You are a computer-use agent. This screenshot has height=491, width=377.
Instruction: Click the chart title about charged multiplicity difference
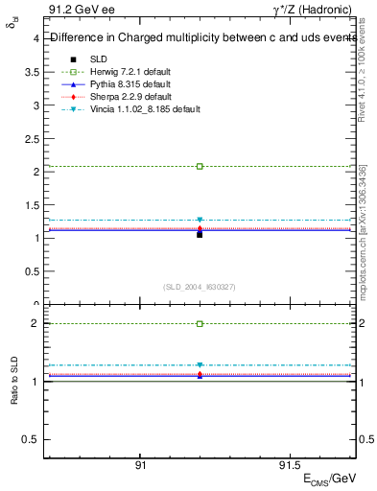201,38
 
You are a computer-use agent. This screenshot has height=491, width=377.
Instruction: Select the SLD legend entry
98,59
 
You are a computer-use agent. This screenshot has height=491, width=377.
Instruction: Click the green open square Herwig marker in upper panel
200,166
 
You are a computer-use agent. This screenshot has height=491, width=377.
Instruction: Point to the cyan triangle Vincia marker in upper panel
200,220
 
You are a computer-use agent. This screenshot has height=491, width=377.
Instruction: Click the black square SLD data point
200,233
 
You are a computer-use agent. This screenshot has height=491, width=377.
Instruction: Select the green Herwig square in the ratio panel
200,323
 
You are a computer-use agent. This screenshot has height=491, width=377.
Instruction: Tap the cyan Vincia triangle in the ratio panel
200,365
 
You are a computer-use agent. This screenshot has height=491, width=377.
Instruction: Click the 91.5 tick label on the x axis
287,463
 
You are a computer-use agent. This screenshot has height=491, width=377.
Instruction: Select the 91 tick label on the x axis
140,463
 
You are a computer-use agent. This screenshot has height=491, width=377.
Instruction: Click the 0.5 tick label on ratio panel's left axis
31,439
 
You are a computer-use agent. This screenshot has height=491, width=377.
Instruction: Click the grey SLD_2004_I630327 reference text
200,286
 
